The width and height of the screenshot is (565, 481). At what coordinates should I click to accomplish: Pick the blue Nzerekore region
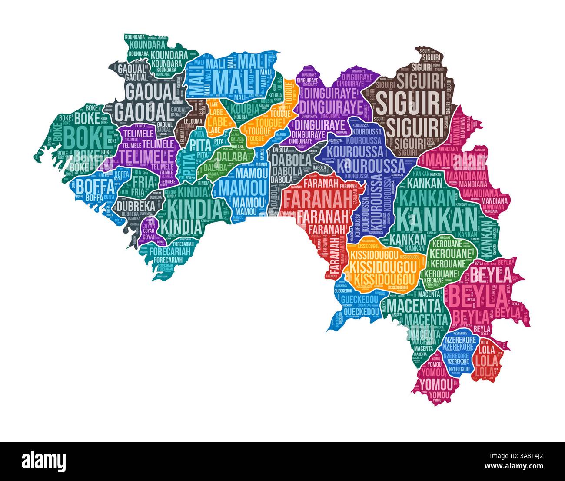pos(459,351)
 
